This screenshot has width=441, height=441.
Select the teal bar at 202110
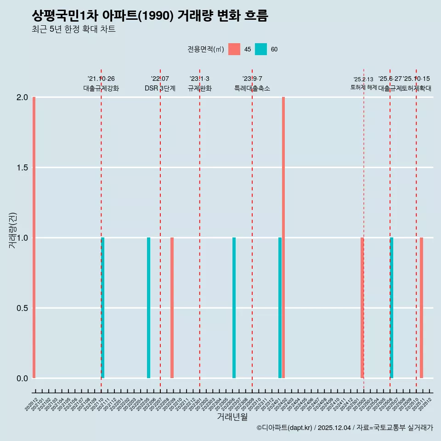(103, 308)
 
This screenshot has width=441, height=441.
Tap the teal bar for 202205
(148, 308)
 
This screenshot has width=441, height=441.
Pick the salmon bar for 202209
(172, 308)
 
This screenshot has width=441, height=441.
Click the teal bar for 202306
(234, 308)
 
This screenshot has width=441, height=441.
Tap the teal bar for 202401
(280, 308)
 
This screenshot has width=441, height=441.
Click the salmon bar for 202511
(421, 308)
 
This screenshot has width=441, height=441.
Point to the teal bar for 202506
(391, 308)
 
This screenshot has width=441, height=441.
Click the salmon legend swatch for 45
(234, 49)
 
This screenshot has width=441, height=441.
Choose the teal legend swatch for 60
(261, 49)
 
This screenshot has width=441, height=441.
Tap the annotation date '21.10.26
(101, 79)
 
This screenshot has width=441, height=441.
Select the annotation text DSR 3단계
(160, 88)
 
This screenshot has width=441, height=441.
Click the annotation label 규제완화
(199, 88)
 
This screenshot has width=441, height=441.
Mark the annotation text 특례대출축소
(252, 88)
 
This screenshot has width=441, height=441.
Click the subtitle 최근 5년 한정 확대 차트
(73, 29)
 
